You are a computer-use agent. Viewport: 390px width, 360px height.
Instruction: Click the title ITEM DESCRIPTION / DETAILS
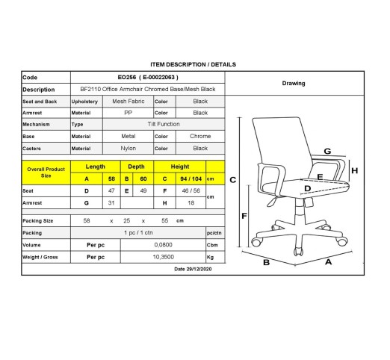193,64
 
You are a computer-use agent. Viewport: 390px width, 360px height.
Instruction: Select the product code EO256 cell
148,77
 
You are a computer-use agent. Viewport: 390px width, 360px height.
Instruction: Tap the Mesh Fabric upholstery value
129,101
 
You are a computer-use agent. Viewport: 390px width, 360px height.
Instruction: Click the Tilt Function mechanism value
164,124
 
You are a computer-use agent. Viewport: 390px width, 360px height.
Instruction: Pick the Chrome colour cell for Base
200,136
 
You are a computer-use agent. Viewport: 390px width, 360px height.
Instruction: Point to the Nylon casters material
129,149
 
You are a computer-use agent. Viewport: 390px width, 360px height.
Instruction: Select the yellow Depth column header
136,167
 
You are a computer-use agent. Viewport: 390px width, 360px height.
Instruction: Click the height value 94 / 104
191,179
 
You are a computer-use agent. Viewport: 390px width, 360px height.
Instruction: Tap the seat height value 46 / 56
191,190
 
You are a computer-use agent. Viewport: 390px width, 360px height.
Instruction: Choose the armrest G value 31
111,203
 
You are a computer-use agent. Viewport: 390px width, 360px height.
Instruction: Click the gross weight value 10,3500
164,257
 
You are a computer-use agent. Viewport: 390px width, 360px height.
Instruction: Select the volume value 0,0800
164,245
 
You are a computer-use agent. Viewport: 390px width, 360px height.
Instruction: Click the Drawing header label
294,83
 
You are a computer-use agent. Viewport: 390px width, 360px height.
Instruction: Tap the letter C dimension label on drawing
233,180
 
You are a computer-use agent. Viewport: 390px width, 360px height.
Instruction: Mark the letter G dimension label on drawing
327,151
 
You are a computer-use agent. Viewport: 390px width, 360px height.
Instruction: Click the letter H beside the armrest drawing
355,170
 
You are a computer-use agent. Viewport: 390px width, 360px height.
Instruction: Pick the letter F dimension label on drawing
244,216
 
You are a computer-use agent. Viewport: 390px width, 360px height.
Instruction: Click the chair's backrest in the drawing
282,144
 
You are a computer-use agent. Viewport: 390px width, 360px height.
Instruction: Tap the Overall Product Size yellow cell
46,173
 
